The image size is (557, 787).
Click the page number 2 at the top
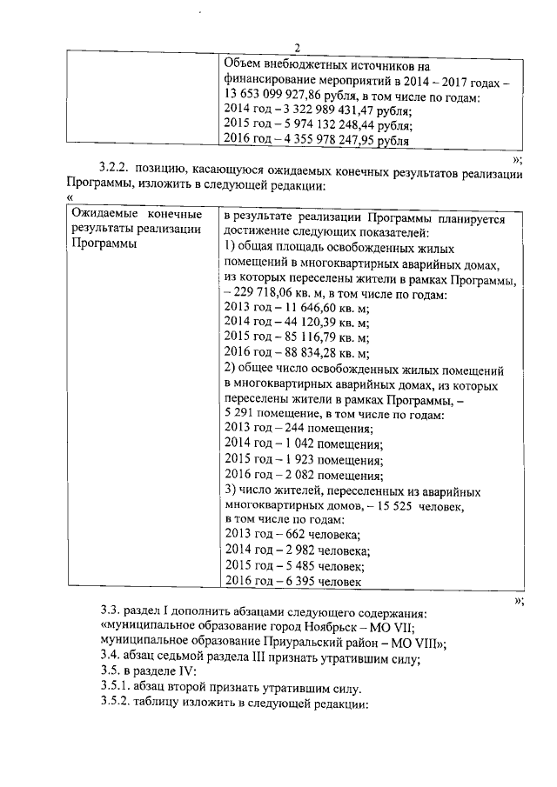pyautogui.click(x=297, y=49)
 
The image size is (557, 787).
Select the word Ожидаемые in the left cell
pyautogui.click(x=104, y=214)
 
